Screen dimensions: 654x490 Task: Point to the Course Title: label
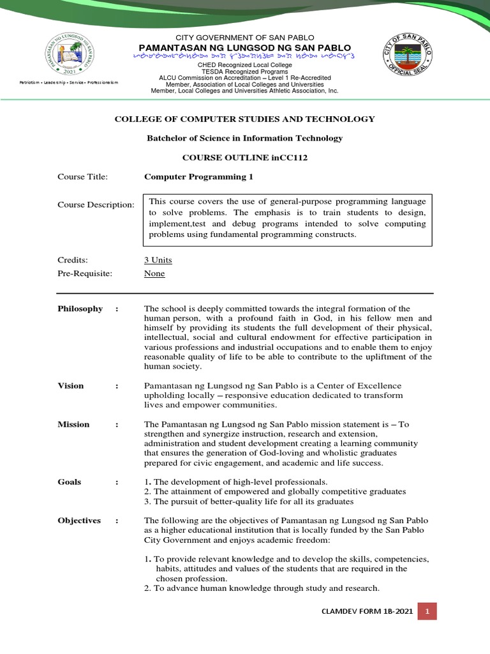(83, 176)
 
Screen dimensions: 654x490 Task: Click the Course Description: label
(96, 204)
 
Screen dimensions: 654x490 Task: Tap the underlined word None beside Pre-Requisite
(154, 273)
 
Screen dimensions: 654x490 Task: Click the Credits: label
(72, 260)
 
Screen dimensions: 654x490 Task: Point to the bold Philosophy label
(80, 308)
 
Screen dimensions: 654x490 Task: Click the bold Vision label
(70, 385)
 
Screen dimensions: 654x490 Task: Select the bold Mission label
(73, 424)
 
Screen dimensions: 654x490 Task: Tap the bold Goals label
(69, 482)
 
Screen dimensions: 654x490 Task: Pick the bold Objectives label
(79, 521)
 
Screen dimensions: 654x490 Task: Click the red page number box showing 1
(427, 611)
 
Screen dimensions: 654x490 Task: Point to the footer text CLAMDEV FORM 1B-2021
(367, 612)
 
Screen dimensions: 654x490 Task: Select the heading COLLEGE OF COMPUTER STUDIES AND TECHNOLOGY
(244, 119)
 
